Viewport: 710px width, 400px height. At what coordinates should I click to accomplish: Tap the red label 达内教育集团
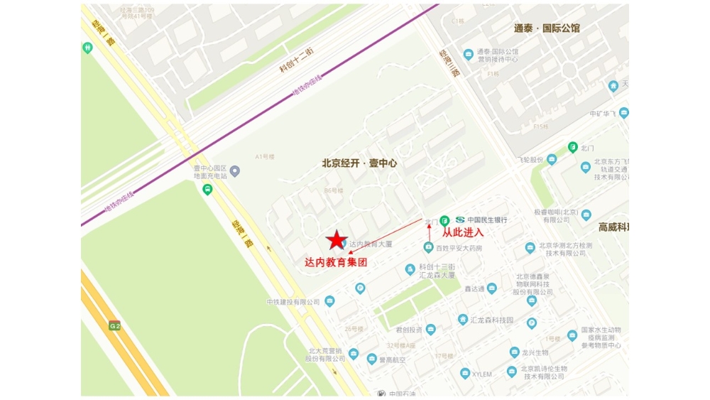click(336, 262)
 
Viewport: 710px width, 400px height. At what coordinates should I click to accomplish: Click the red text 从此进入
click(463, 232)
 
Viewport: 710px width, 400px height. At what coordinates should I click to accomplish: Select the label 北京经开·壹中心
click(359, 163)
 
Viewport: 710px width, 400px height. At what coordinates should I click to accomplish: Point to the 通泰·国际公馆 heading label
click(547, 28)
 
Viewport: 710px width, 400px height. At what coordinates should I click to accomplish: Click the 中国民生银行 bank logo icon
click(460, 220)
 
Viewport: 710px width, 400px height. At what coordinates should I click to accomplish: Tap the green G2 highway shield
click(114, 325)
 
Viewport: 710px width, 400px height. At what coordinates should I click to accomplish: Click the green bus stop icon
click(207, 190)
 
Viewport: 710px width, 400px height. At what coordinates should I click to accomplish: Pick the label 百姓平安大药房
click(459, 248)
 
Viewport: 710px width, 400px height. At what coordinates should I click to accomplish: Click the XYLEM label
click(482, 374)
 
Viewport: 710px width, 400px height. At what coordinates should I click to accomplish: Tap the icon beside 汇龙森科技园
click(463, 320)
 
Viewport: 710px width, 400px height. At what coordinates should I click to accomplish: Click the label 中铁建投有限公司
click(293, 302)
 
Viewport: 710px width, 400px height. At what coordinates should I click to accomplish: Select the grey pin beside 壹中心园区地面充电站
click(235, 171)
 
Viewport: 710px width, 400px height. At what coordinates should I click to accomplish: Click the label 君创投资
click(409, 330)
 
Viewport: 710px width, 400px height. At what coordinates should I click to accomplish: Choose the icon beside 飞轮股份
click(552, 160)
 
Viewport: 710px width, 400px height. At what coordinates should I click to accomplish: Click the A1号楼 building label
click(265, 156)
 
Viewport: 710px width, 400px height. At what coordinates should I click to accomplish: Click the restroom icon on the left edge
click(87, 48)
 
